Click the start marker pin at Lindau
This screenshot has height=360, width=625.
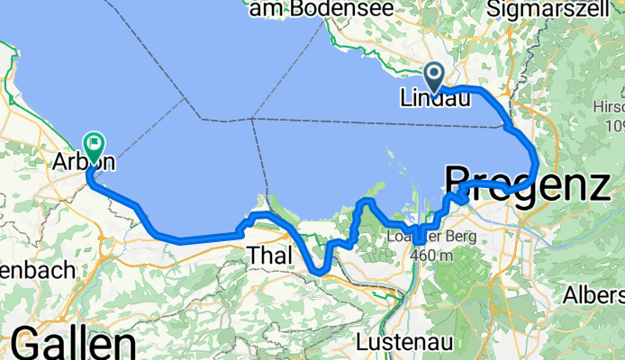434,76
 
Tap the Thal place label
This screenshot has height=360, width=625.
270,256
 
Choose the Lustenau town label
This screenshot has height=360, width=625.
399,344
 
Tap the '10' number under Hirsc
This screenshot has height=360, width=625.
611,125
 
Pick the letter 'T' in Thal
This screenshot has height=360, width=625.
254,256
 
